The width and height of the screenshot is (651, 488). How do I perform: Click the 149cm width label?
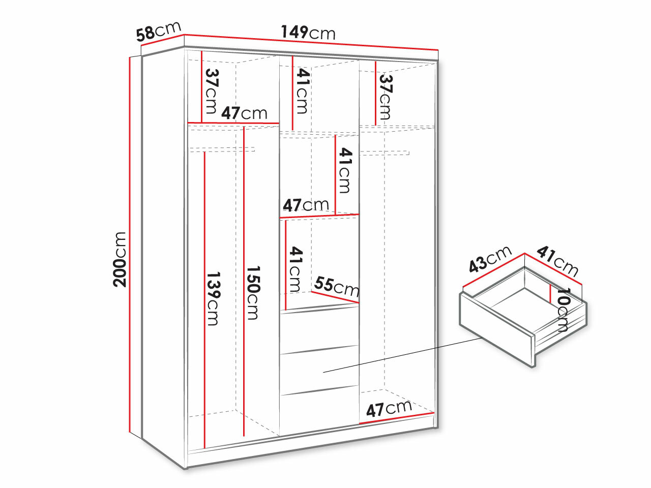(x=308, y=33)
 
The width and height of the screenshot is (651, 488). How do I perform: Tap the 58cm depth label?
(x=158, y=32)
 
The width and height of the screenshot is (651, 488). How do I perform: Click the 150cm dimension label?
(x=253, y=293)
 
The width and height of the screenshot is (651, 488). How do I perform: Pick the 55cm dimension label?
(x=336, y=287)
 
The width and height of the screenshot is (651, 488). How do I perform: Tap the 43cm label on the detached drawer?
(x=490, y=259)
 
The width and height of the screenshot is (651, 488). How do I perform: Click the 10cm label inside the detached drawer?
(x=563, y=310)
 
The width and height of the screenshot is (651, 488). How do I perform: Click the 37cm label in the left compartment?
(x=211, y=91)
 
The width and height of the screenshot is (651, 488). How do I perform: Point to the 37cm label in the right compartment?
(x=385, y=97)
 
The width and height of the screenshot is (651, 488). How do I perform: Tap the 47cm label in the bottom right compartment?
(x=389, y=408)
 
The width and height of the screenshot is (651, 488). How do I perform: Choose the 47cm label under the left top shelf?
(x=244, y=113)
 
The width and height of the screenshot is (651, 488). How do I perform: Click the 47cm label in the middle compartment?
(x=306, y=205)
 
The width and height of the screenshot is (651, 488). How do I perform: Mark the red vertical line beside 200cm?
(x=131, y=244)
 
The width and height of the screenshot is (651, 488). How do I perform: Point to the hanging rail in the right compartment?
(x=384, y=152)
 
